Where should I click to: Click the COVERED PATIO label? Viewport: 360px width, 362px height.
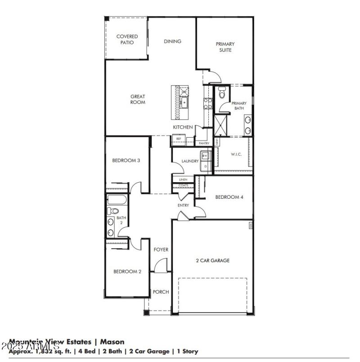127,40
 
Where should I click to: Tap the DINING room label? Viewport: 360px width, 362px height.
172,41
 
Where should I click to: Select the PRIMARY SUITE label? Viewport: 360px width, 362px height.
225,47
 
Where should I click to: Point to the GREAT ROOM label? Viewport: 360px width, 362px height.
138,99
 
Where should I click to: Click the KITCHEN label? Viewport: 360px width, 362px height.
183,128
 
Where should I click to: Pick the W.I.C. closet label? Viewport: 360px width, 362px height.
236,155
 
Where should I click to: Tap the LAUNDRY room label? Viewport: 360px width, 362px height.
190,161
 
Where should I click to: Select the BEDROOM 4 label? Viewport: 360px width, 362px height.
229,197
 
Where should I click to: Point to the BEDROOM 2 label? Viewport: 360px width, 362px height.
127,272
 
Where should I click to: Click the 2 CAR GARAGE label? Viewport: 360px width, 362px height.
212,260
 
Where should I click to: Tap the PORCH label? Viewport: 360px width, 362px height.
161,292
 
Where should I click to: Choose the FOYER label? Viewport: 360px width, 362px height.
161,250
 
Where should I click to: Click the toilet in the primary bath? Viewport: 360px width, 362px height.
221,94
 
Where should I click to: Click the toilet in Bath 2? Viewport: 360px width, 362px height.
112,210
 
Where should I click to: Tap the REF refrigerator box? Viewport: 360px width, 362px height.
178,139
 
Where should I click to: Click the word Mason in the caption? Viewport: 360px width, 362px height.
112,342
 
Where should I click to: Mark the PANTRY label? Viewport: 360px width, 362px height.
204,143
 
